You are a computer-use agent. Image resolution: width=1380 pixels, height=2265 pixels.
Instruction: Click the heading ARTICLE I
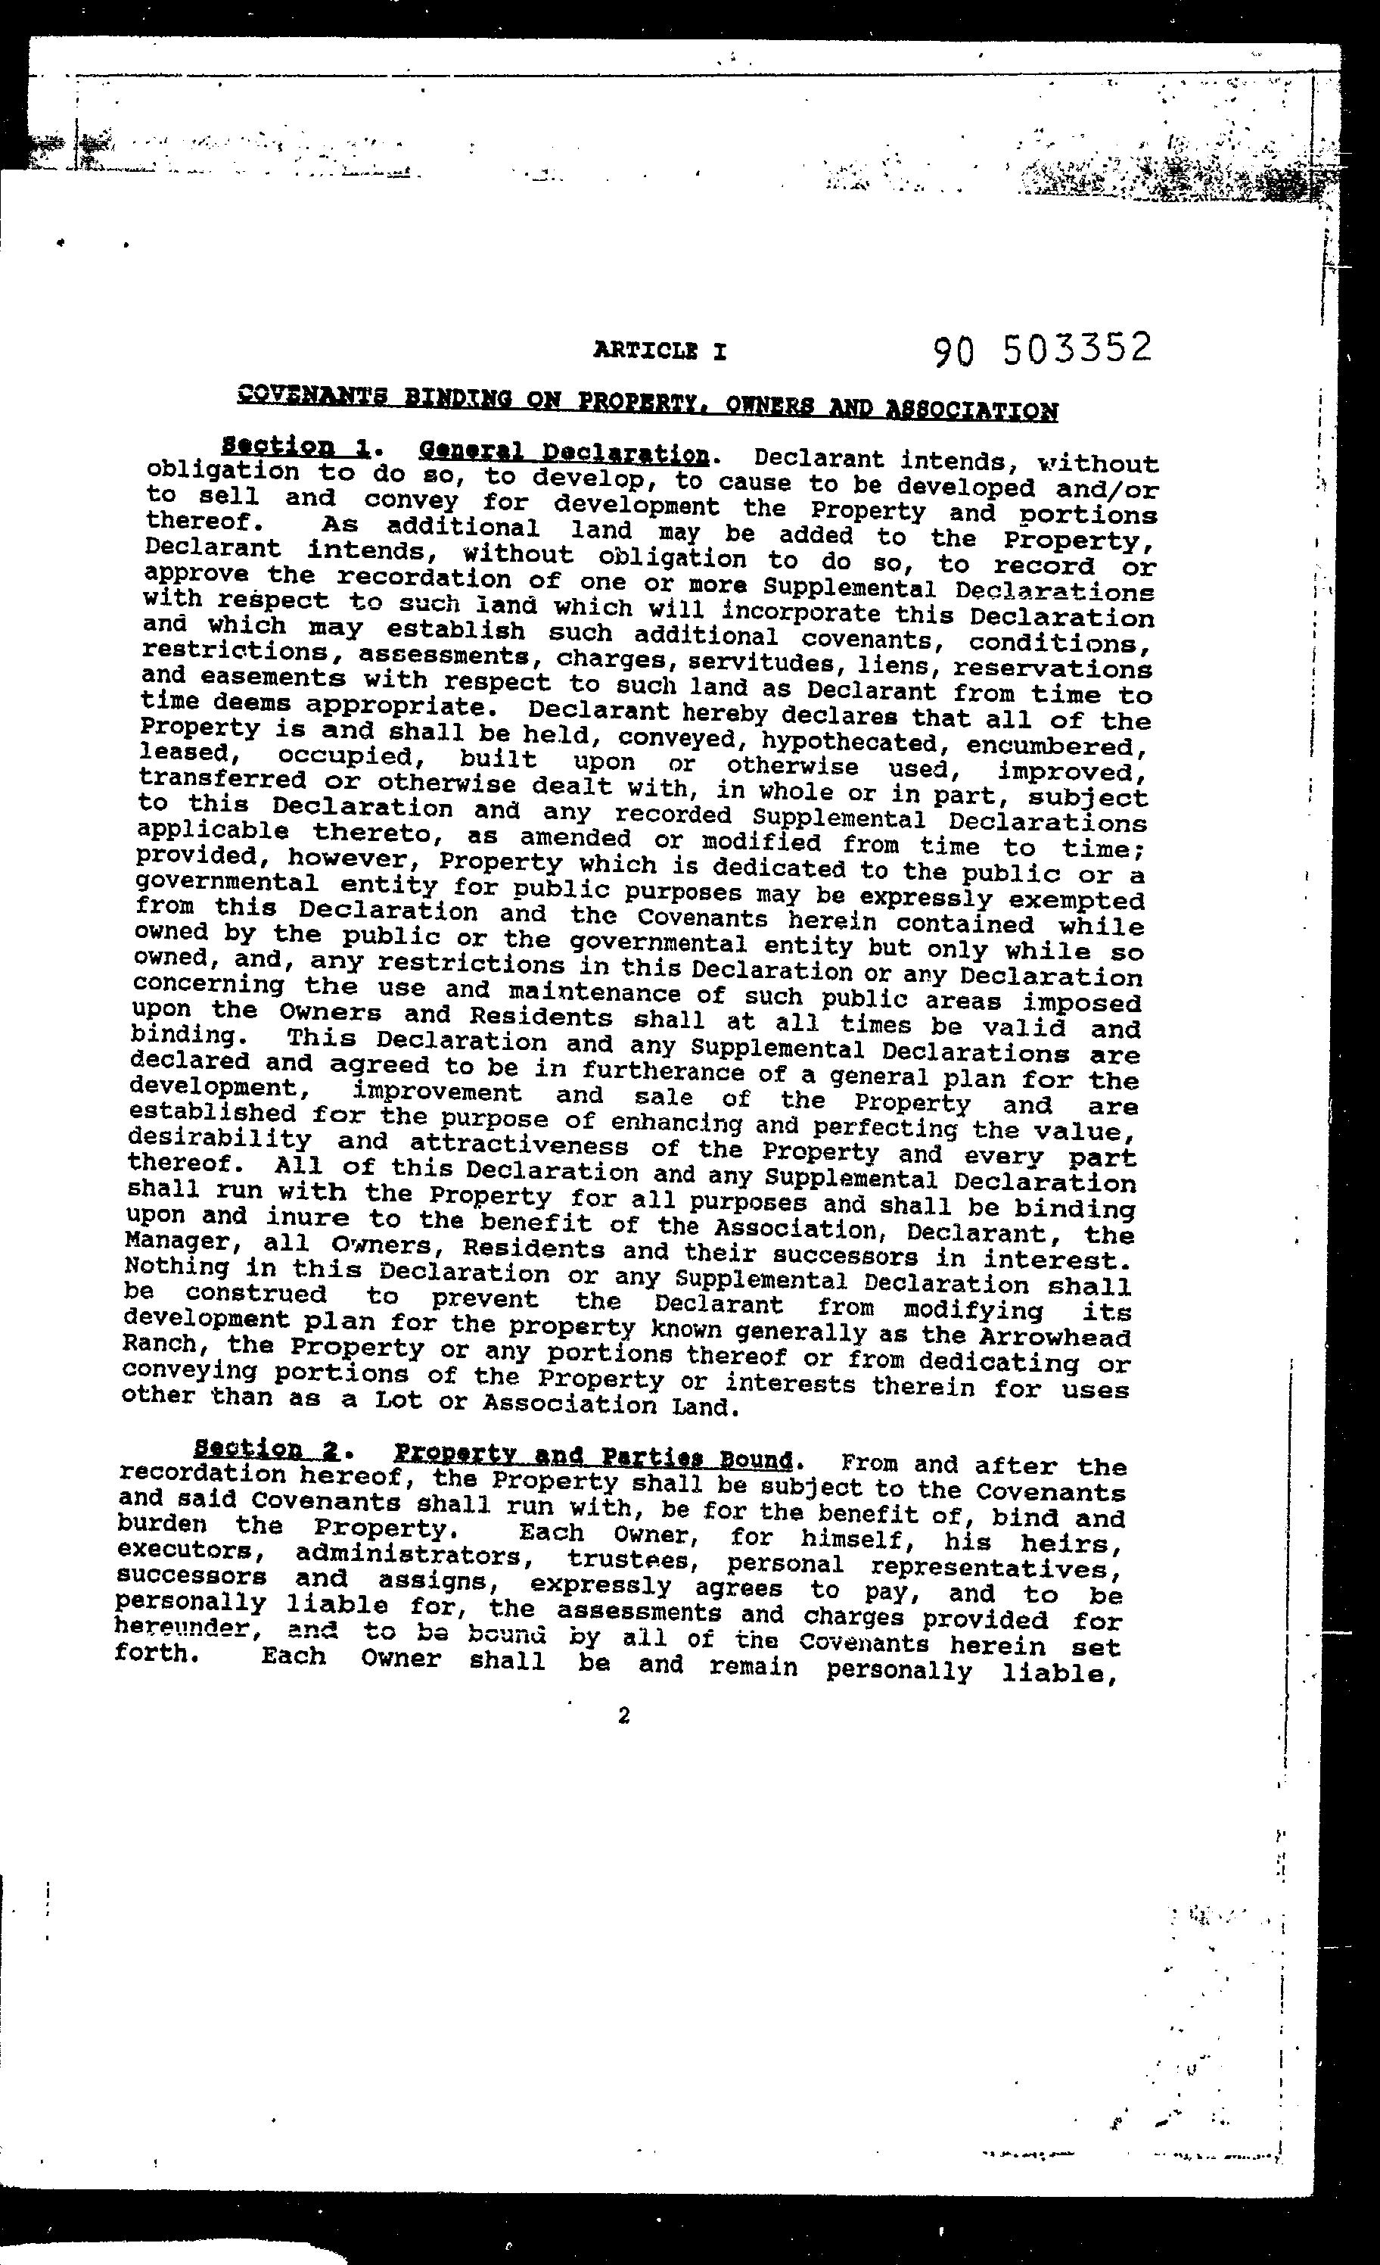[660, 350]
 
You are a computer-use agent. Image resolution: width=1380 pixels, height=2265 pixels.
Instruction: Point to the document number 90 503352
[1042, 349]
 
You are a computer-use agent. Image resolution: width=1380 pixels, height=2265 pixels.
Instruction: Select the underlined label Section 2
[266, 1450]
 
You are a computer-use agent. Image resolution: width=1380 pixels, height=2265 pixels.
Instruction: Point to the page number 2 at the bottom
[624, 1715]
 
